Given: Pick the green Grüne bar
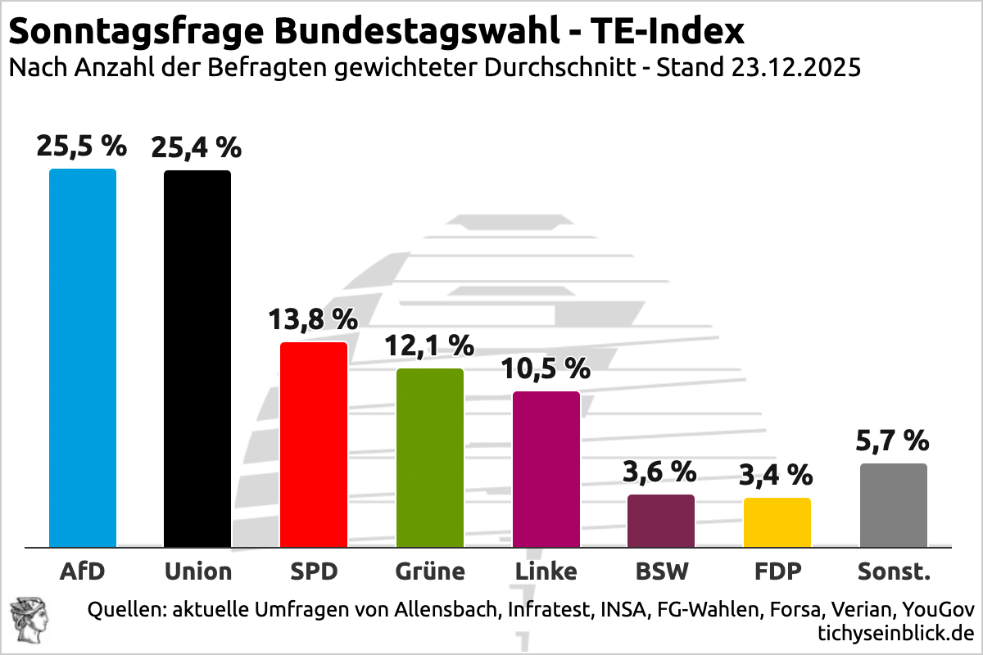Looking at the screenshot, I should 430,458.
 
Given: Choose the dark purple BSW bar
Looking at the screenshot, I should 661,521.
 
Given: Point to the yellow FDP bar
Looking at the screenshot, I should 777,522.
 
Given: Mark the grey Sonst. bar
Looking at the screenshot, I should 894,505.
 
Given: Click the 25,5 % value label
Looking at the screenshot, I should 82,147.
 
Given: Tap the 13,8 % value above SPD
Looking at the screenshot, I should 314,319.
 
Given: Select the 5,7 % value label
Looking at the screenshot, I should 894,441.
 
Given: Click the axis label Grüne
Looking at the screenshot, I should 430,571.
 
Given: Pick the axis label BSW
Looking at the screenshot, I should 662,571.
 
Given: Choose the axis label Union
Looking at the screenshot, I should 198,571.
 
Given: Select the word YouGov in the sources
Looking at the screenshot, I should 941,610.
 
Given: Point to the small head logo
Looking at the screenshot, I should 27,619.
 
